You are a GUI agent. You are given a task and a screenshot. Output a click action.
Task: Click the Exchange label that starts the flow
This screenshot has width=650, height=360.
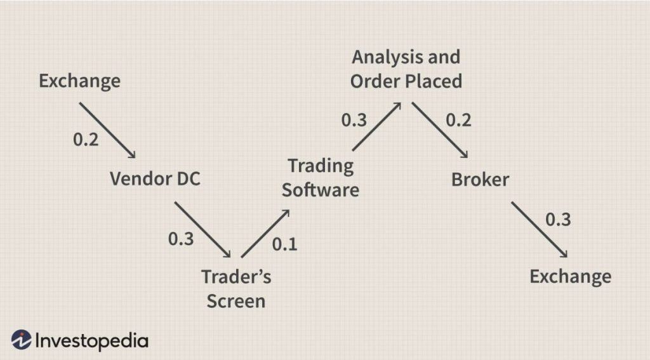[79, 81]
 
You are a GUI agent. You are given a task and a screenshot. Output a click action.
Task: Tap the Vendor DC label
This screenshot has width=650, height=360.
[155, 179]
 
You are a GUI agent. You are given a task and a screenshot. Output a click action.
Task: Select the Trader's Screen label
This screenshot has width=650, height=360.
[236, 289]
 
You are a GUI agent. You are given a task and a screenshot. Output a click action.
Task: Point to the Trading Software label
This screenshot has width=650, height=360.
[321, 178]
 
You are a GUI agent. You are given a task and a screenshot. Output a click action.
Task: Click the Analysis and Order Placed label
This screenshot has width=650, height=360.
[406, 69]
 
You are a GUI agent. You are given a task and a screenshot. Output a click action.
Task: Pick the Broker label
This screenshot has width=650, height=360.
[480, 180]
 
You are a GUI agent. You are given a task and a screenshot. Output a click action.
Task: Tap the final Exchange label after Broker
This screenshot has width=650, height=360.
[571, 277]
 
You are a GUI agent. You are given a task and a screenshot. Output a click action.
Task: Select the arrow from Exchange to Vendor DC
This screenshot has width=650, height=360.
[107, 130]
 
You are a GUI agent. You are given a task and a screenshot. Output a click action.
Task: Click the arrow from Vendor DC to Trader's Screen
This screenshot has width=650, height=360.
[202, 230]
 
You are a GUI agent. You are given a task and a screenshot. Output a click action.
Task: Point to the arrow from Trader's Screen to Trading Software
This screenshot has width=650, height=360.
[265, 234]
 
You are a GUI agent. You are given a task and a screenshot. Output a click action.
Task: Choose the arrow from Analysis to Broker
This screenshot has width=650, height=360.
[440, 130]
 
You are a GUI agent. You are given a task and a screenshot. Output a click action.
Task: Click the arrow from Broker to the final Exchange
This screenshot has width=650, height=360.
[540, 230]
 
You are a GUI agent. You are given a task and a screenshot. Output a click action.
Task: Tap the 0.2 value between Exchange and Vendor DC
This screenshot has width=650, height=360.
[86, 139]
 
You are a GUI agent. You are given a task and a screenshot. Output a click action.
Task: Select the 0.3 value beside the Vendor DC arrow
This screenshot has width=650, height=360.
[181, 239]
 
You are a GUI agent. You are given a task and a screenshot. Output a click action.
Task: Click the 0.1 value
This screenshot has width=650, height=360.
[285, 244]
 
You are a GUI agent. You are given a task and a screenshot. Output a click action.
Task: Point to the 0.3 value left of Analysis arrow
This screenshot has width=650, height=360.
[354, 120]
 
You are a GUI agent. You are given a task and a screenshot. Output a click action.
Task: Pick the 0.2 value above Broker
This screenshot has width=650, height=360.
[458, 120]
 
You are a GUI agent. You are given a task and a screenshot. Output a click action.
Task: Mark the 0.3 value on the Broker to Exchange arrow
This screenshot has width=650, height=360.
[558, 220]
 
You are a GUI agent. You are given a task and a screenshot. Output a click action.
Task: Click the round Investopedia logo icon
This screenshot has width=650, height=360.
[21, 340]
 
